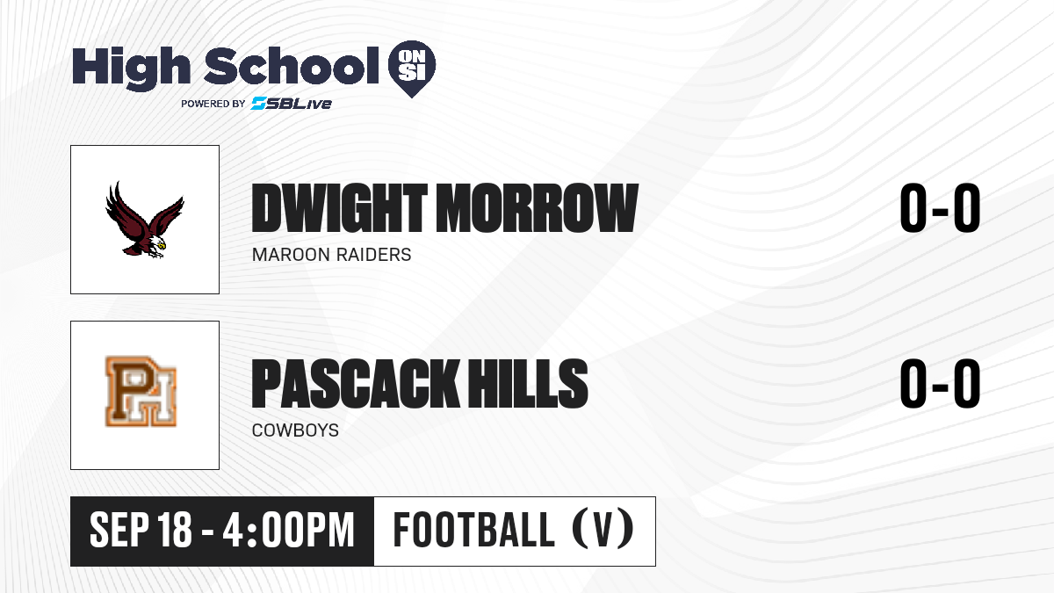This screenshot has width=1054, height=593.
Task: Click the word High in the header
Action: click(131, 68)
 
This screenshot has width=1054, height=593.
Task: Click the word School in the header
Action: click(292, 65)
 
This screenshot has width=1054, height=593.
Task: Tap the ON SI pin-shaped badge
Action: click(412, 69)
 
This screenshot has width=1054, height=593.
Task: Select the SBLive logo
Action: click(292, 104)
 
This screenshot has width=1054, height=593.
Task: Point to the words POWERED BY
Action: click(213, 104)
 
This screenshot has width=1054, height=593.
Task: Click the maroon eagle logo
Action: click(144, 220)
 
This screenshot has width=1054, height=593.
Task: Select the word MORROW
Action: click(537, 208)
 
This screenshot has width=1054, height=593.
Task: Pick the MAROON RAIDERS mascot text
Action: click(332, 255)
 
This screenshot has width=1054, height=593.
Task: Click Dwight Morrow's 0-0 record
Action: click(940, 207)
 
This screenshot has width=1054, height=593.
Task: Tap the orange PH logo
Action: click(141, 392)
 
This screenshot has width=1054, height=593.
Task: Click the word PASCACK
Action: click(355, 383)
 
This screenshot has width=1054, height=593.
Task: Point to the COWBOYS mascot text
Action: click(295, 430)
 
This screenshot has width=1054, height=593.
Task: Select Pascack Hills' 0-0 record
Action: click(940, 383)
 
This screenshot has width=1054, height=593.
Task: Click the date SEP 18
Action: click(141, 530)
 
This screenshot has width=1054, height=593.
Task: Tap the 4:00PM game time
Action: click(288, 530)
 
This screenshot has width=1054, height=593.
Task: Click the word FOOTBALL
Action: click(473, 530)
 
